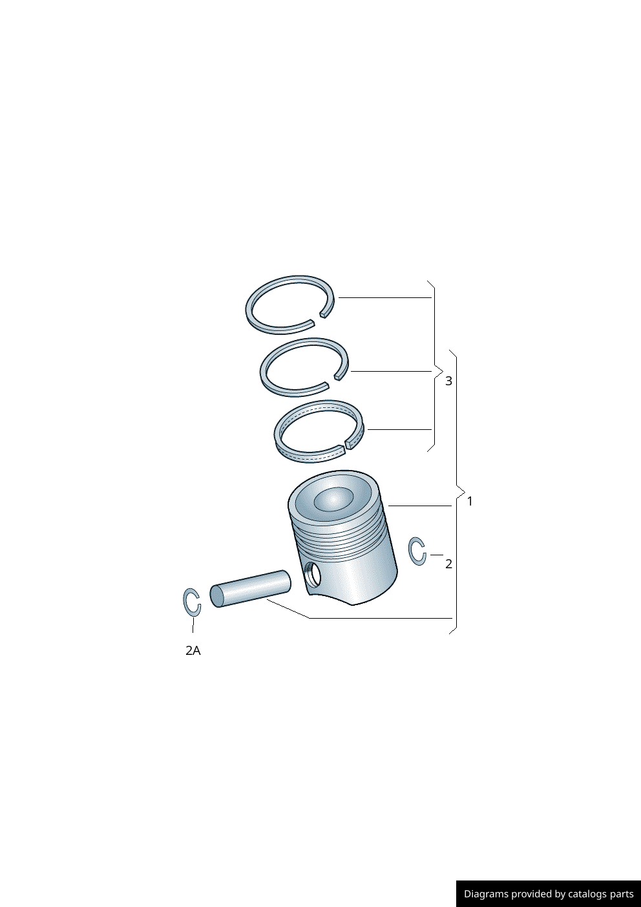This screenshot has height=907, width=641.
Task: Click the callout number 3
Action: click(448, 381)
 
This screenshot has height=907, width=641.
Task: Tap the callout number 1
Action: click(470, 501)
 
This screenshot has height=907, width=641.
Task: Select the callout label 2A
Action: click(193, 651)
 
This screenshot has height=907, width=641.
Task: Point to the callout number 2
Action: click(448, 564)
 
